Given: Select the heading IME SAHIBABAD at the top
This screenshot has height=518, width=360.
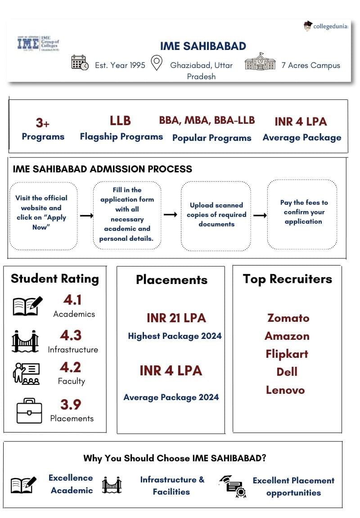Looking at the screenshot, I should [x=203, y=46].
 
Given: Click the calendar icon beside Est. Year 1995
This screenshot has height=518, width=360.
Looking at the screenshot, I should [x=80, y=63].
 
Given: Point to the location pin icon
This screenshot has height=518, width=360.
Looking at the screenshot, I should [x=156, y=63].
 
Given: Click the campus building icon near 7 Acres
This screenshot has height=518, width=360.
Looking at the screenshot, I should [x=260, y=62].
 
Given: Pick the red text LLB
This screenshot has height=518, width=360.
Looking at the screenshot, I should [x=120, y=121].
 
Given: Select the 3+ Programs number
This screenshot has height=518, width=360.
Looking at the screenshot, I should [x=43, y=123].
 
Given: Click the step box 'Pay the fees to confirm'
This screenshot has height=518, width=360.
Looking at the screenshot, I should [x=302, y=214].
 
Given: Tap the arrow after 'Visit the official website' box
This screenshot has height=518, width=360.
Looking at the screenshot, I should [x=86, y=216].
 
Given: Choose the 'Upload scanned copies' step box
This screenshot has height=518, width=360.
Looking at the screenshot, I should [x=216, y=214].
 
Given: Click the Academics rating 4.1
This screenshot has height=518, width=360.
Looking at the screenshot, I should [x=72, y=300].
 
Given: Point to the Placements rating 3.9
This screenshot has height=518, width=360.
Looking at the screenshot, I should [x=71, y=405].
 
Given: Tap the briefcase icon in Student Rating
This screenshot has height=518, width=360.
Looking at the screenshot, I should [x=29, y=410].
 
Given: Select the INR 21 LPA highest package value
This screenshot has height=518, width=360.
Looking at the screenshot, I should [x=176, y=318].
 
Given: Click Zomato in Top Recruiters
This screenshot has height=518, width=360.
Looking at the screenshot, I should [x=288, y=318].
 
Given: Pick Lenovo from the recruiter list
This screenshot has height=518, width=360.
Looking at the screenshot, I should [x=285, y=390].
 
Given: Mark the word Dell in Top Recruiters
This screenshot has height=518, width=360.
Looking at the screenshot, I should [x=287, y=372].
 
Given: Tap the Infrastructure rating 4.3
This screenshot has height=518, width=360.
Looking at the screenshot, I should [x=71, y=335].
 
